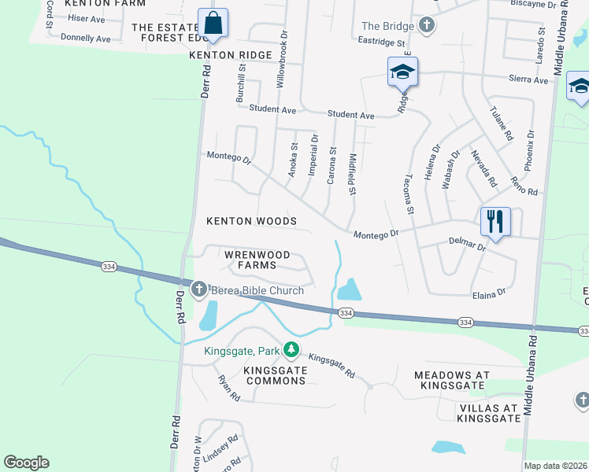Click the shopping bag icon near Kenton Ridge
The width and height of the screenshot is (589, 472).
213,24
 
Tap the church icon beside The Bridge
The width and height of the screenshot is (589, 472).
426,25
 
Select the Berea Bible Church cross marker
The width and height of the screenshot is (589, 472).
198,289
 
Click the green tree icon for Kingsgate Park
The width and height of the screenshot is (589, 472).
291,348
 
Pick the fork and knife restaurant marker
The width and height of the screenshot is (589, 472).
495,220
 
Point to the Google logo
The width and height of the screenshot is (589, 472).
26,463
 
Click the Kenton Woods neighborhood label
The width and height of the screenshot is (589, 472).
251,221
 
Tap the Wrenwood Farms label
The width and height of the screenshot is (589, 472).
257,260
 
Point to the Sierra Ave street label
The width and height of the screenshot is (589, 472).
529,80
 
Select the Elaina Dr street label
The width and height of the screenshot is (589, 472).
488,294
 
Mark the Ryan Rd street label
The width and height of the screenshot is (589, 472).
228,389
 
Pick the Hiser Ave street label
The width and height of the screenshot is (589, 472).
86,18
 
